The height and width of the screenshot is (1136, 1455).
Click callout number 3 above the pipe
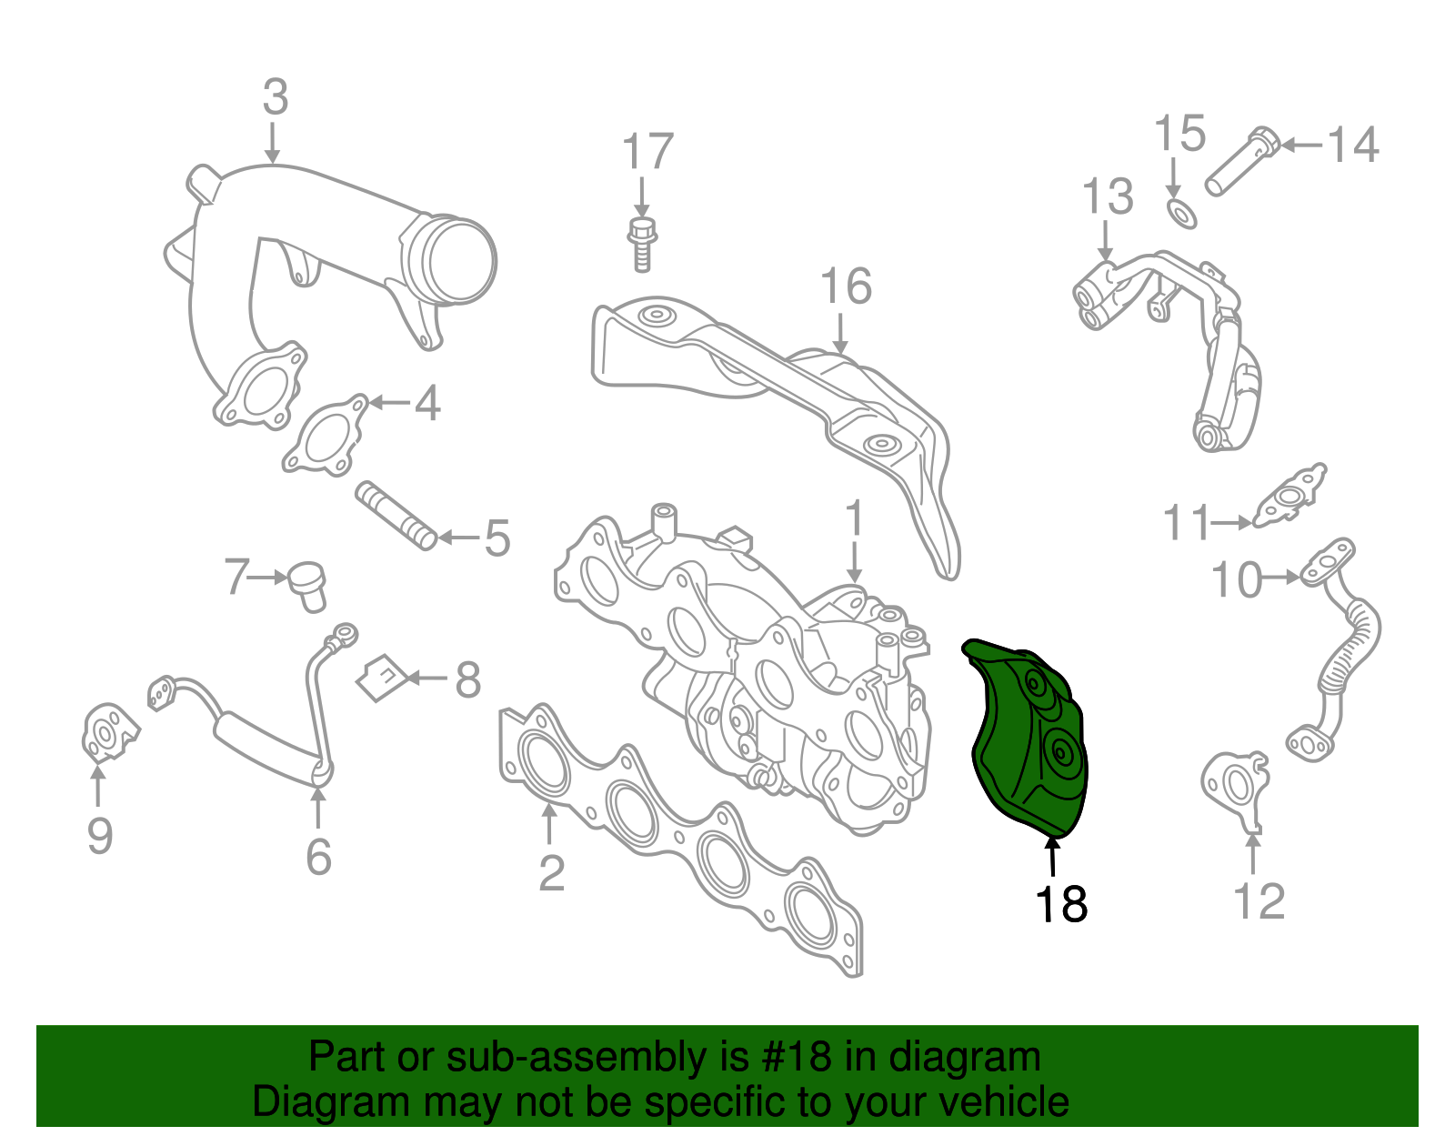point(275,97)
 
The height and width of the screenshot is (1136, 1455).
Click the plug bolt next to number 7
point(308,586)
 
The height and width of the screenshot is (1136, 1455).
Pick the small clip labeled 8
point(380,679)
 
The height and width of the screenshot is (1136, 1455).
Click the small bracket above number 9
point(107,732)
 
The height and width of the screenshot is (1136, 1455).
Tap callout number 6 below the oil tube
point(317,856)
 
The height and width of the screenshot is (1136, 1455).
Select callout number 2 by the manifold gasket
point(551,872)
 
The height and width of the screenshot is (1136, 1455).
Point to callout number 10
point(1237,579)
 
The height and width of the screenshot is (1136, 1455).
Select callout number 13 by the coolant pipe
point(1108,196)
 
